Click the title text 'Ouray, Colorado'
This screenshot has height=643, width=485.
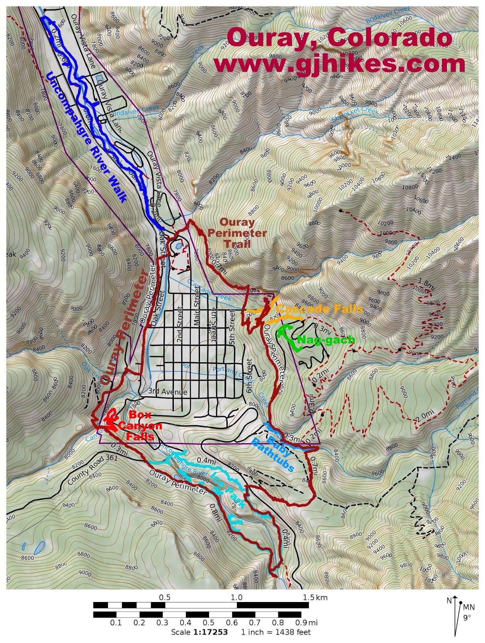339,38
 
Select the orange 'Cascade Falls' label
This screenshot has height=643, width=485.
319,309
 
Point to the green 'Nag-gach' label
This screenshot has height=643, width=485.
326,340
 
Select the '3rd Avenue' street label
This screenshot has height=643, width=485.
167,391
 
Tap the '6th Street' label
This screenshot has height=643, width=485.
249,376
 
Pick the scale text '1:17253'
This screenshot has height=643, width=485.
210,632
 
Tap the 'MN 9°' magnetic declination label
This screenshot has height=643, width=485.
468,612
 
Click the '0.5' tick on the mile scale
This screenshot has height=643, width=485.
209,623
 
